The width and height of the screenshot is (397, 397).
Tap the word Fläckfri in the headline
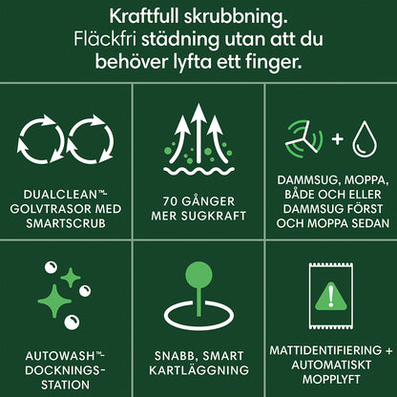[x=105, y=39]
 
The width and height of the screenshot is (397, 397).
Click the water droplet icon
[x=365, y=139]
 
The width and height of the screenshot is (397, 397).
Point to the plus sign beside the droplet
[x=338, y=139]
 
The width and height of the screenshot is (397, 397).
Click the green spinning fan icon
[x=304, y=139]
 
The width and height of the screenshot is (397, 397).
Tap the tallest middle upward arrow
[x=198, y=134]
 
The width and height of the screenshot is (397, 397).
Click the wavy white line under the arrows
[x=198, y=171]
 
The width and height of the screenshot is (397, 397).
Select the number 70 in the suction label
[x=170, y=201]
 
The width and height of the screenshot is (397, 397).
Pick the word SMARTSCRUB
[x=66, y=223]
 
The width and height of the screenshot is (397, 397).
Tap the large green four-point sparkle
[x=54, y=301]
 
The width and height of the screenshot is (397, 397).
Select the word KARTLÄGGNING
[x=198, y=370]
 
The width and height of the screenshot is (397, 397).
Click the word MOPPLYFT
[x=331, y=379]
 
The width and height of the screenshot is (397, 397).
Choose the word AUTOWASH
[x=60, y=356]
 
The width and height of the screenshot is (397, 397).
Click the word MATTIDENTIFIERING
[x=325, y=350]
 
